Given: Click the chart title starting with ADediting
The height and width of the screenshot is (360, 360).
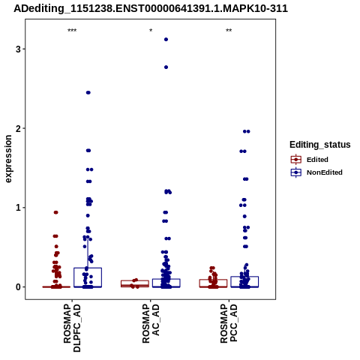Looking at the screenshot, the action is click(151, 9).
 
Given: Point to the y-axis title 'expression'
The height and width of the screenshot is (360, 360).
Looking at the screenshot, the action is click(8, 159).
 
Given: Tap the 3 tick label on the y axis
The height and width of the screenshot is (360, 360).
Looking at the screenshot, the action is click(18, 49).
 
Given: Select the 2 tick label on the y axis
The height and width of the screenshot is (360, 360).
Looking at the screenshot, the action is click(18, 128).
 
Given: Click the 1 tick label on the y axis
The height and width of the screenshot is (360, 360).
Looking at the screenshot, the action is click(18, 208).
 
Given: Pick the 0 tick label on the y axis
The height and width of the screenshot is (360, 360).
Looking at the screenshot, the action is click(18, 287).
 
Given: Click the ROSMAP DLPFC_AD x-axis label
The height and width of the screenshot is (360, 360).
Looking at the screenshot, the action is click(72, 328).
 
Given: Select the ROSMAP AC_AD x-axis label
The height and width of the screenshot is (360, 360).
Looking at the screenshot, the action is click(151, 323).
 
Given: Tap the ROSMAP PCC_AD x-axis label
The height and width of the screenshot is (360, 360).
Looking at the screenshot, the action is click(229, 323).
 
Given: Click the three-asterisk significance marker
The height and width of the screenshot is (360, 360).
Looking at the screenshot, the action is click(72, 31).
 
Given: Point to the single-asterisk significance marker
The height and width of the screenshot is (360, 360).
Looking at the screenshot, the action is click(151, 31).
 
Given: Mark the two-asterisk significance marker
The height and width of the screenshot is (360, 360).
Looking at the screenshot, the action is click(229, 31).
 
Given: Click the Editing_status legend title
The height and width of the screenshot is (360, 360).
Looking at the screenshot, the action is click(320, 145).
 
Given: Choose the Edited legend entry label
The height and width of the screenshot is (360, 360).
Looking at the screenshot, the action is click(317, 160).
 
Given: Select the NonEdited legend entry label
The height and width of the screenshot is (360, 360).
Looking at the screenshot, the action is click(325, 172).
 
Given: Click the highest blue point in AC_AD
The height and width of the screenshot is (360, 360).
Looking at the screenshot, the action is click(166, 39).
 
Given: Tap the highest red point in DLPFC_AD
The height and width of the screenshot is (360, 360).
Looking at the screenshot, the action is click(56, 212).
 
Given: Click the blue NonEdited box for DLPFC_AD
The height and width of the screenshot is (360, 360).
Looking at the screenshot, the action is click(88, 268).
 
